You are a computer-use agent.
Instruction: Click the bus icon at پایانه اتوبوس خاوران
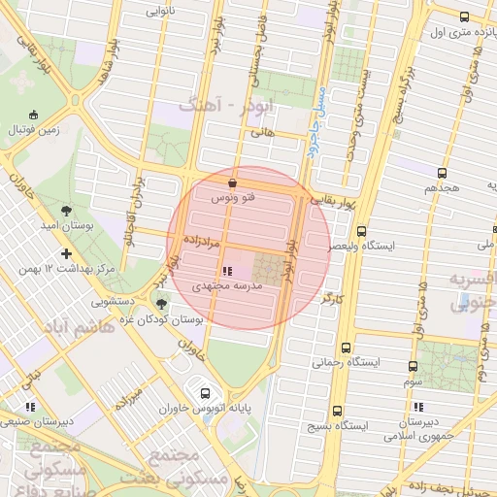pos(205,393)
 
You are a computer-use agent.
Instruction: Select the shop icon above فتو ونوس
pos(232,182)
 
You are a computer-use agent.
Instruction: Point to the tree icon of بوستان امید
pos(66,209)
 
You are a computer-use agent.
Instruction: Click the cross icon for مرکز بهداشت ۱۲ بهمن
pos(66,253)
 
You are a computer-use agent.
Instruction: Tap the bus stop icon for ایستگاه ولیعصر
pos(361,232)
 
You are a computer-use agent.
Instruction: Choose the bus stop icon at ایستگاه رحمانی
pos(348,347)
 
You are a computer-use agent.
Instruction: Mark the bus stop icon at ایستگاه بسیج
pos(337,411)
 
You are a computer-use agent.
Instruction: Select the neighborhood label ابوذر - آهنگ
pos(218,104)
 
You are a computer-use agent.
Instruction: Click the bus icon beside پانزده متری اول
pos(464,17)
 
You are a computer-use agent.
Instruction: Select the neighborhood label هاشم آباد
pos(78,328)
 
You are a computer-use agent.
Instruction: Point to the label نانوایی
pos(161,13)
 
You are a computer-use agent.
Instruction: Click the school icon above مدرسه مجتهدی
pos(226,271)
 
